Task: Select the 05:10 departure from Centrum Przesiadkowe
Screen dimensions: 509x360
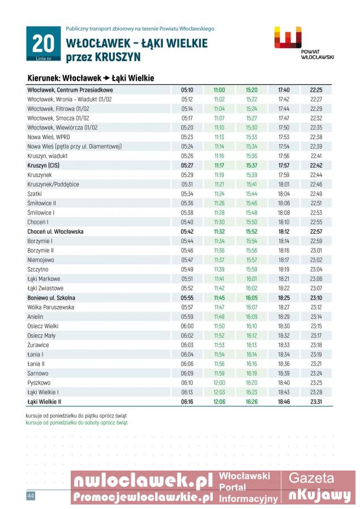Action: [187, 90]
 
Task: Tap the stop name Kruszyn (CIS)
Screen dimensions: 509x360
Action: [43, 166]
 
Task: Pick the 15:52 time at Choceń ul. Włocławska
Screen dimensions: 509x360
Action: [251, 231]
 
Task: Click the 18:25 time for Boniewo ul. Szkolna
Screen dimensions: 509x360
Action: [284, 297]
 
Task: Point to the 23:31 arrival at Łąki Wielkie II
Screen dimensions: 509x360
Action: [316, 402]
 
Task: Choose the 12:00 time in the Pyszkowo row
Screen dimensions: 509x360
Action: [219, 383]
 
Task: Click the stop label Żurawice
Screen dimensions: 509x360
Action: [38, 345]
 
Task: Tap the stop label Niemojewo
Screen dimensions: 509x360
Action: [40, 260]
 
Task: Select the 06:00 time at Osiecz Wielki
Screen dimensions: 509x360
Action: [187, 326]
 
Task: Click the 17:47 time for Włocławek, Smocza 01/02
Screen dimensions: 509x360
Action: [284, 118]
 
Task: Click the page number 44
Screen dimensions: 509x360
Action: [31, 496]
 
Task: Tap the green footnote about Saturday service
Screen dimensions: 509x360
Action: [76, 422]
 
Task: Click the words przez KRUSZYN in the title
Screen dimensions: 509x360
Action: [103, 57]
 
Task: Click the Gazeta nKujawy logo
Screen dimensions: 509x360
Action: [320, 488]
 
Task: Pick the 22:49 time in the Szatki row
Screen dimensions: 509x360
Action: [316, 193]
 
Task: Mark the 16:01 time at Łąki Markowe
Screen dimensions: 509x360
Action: [251, 279]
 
